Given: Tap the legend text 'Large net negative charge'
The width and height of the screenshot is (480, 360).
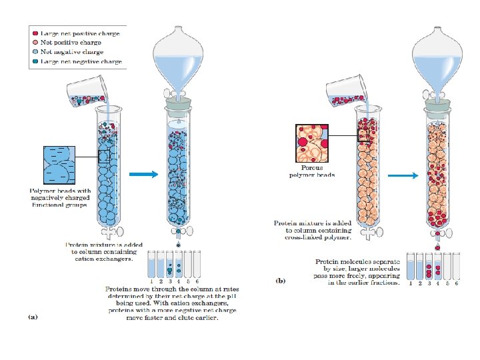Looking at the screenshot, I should [81, 61].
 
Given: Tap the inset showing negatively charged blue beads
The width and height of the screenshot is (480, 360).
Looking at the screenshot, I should [61, 164].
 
